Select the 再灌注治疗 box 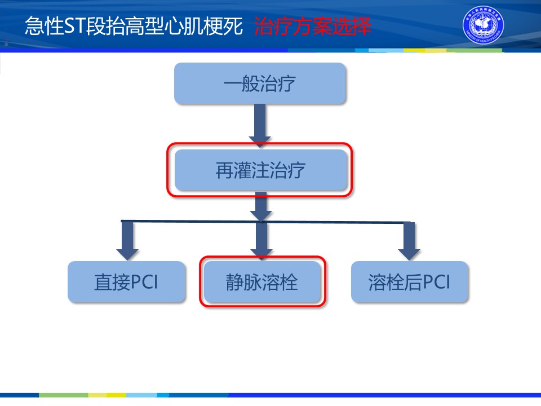tap(260, 170)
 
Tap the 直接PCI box tap(126, 282)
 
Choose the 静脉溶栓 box tap(262, 282)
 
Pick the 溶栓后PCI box tap(410, 282)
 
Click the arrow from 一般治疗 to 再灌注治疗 tap(260, 124)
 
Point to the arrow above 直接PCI tap(127, 240)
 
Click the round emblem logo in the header tap(483, 27)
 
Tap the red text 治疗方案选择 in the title tap(313, 27)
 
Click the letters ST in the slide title tap(73, 27)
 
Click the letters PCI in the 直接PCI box tap(145, 282)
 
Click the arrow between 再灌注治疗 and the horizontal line tap(260, 205)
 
